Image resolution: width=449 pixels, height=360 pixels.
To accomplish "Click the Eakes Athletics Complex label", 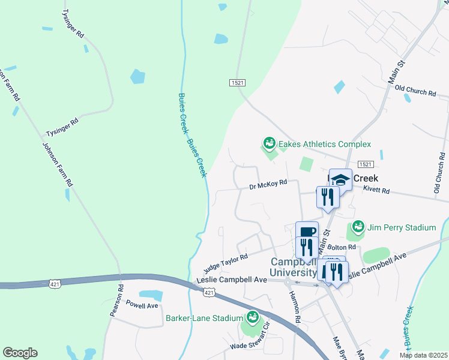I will (324, 144).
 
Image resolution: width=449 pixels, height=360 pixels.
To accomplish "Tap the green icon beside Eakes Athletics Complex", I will (269, 143).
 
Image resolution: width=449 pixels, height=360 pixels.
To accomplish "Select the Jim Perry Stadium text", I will (402, 227).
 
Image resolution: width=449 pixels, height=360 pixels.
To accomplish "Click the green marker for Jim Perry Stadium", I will (358, 227).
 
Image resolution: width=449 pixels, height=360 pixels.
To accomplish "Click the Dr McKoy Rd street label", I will (268, 186).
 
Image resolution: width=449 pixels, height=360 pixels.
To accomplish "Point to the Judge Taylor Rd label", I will (225, 262).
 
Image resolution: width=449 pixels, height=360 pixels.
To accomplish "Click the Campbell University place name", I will (293, 268).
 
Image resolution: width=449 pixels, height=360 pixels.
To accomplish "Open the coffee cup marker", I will (307, 232).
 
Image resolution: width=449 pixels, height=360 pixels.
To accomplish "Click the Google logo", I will (20, 353).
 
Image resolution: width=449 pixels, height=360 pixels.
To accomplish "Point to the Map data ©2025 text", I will (423, 355).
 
